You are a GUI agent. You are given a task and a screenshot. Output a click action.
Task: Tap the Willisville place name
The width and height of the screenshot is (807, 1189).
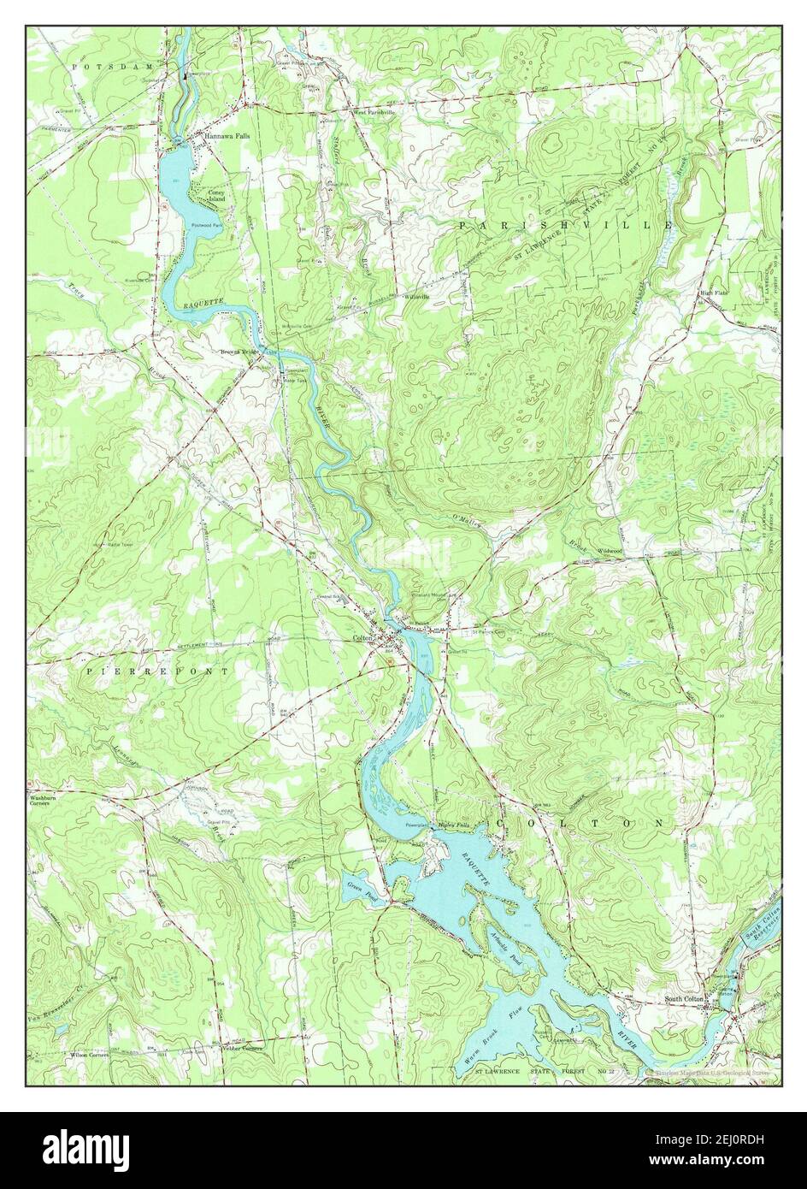point(415,297)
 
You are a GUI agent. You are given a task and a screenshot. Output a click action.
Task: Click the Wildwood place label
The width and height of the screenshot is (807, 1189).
point(609,551)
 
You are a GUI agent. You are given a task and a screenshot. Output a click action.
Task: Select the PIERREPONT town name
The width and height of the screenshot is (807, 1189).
point(157,671)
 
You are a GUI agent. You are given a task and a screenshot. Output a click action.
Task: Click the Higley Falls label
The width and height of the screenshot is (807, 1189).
point(454,825)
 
